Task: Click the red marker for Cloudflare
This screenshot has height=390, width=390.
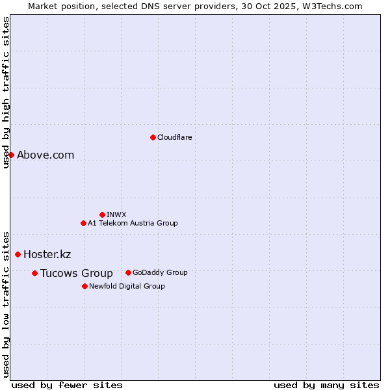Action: coord(153,137)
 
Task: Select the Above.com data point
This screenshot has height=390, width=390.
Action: coord(11,155)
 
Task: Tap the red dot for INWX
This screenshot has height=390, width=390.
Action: coord(102,214)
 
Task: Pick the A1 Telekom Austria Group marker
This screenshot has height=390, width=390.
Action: coord(83,223)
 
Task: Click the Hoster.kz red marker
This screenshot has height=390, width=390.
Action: coord(18,254)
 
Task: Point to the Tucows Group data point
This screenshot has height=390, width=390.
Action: coord(34,273)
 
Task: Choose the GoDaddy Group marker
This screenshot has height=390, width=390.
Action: coord(128,272)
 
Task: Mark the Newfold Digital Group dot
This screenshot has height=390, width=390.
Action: coord(84,286)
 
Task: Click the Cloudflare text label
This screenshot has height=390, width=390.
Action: coord(175,137)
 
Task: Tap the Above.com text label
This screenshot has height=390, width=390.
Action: coord(45,155)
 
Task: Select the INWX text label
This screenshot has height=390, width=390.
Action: coord(116,214)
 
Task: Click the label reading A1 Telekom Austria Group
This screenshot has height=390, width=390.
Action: coord(133,223)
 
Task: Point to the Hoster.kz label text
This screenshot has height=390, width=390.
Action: coord(47,254)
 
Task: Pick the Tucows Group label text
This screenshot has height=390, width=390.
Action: coord(76,273)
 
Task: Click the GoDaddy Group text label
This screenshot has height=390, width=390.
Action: coord(160,272)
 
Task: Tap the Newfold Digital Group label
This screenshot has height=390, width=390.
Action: coord(127,286)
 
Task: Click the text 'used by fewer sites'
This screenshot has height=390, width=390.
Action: coord(67,385)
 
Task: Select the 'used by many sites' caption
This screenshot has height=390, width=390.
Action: coord(326,385)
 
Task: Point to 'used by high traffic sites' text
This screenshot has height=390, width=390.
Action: coord(6,93)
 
